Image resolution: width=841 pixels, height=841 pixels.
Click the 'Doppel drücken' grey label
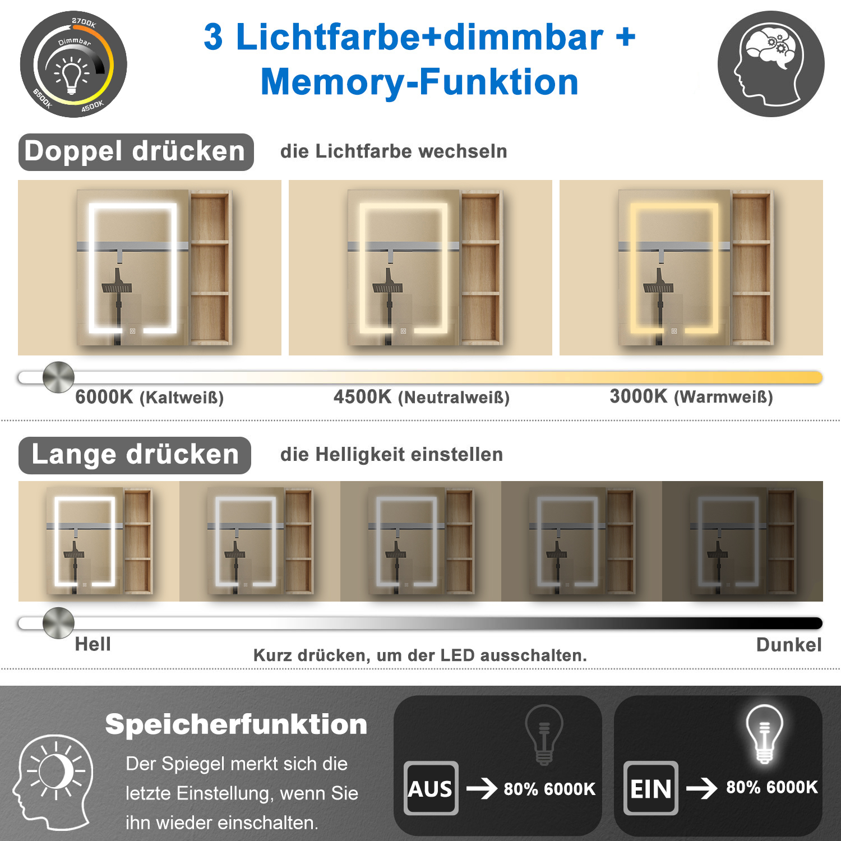(136, 152)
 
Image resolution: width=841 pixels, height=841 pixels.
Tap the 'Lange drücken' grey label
(135, 455)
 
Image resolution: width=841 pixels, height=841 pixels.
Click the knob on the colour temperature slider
(58, 377)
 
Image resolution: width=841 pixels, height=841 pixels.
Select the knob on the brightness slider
(58, 622)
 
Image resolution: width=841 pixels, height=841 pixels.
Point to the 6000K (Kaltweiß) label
(150, 398)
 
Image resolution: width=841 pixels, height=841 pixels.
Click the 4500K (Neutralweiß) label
(422, 398)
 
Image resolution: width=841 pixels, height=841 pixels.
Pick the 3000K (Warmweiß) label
(691, 397)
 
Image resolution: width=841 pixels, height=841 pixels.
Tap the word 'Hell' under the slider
(93, 644)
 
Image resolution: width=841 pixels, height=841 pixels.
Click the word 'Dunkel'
(789, 645)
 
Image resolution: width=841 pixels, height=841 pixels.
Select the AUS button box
(431, 788)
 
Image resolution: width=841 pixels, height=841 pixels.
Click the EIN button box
(650, 788)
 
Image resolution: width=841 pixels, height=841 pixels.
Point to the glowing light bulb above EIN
(764, 734)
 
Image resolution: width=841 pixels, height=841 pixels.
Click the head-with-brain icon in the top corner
(771, 64)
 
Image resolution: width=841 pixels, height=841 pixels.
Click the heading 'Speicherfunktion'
(236, 724)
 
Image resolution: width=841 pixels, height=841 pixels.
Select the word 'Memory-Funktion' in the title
(419, 82)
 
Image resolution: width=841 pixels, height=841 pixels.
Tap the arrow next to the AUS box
(482, 788)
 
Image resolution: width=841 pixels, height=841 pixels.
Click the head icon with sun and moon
(53, 782)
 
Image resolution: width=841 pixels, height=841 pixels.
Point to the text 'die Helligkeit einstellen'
(391, 455)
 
